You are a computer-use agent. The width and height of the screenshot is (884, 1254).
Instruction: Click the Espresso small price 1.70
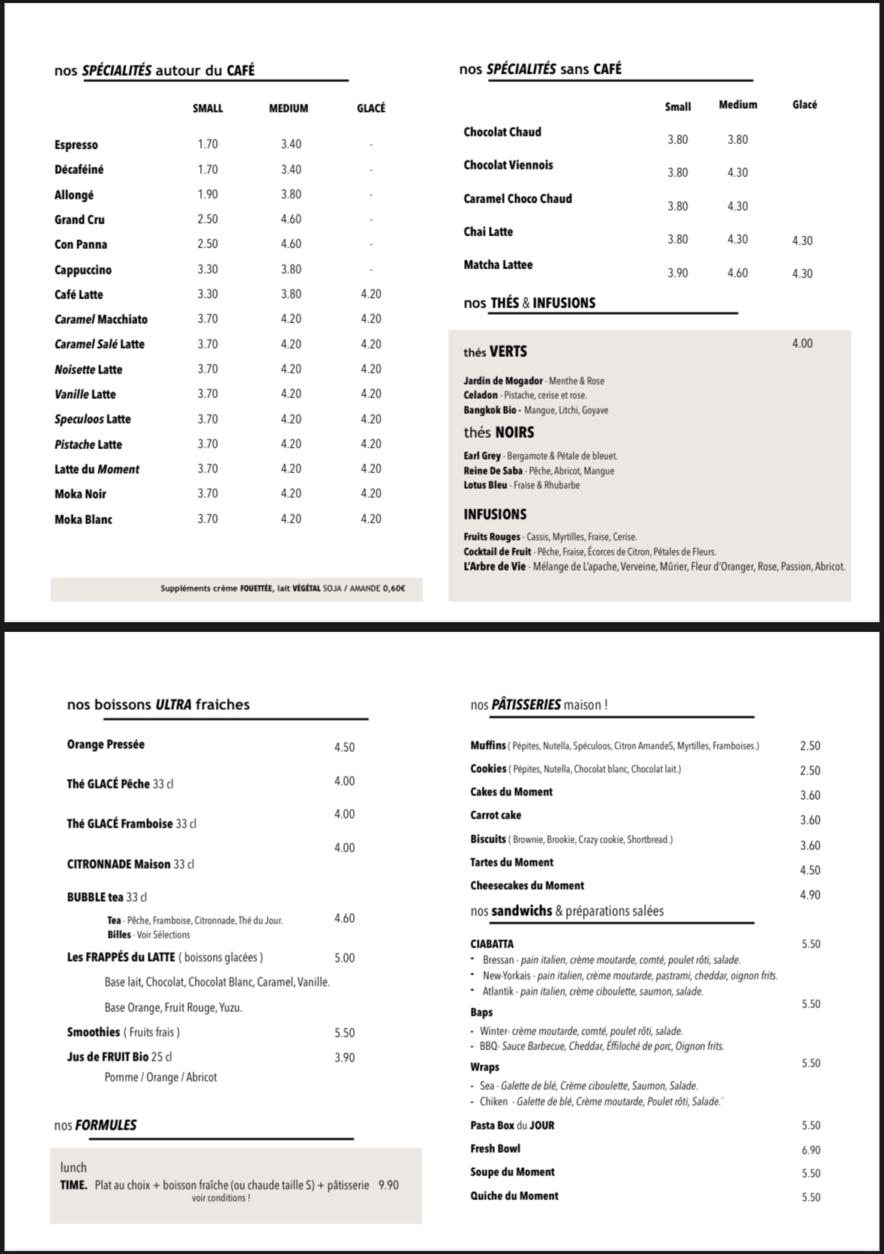[x=208, y=144]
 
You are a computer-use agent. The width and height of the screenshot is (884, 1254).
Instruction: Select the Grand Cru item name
[x=79, y=220]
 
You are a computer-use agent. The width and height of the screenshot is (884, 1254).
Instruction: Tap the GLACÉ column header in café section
[x=371, y=108]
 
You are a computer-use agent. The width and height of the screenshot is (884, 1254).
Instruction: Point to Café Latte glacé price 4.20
[x=371, y=294]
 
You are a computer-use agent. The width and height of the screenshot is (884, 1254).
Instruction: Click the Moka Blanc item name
[x=83, y=519]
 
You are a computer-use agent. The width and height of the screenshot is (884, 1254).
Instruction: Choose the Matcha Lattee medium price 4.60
[x=737, y=274]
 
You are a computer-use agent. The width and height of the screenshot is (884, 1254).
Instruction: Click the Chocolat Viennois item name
[x=508, y=165]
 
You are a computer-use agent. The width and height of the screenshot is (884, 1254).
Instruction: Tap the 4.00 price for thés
[x=802, y=343]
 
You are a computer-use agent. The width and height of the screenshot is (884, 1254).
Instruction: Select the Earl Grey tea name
[x=482, y=456]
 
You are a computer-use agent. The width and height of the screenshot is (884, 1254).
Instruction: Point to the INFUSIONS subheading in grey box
[x=495, y=514]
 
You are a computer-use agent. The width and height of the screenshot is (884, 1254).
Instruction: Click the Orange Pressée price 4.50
[x=344, y=747]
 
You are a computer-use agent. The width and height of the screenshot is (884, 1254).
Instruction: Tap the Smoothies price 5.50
[x=344, y=1033]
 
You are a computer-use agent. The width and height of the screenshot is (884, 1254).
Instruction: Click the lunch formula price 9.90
[x=388, y=1185]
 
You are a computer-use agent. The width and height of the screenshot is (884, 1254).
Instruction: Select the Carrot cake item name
[x=496, y=816]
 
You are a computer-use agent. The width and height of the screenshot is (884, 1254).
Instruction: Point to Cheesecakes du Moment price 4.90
[x=810, y=895]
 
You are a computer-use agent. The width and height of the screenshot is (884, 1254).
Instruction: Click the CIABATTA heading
[x=492, y=944]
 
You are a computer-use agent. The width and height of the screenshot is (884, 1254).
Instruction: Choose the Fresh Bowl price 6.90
[x=811, y=1150]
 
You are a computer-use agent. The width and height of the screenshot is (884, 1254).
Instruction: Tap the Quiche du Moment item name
[x=514, y=1196]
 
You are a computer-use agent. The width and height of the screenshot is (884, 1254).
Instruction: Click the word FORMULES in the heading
[x=106, y=1125]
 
